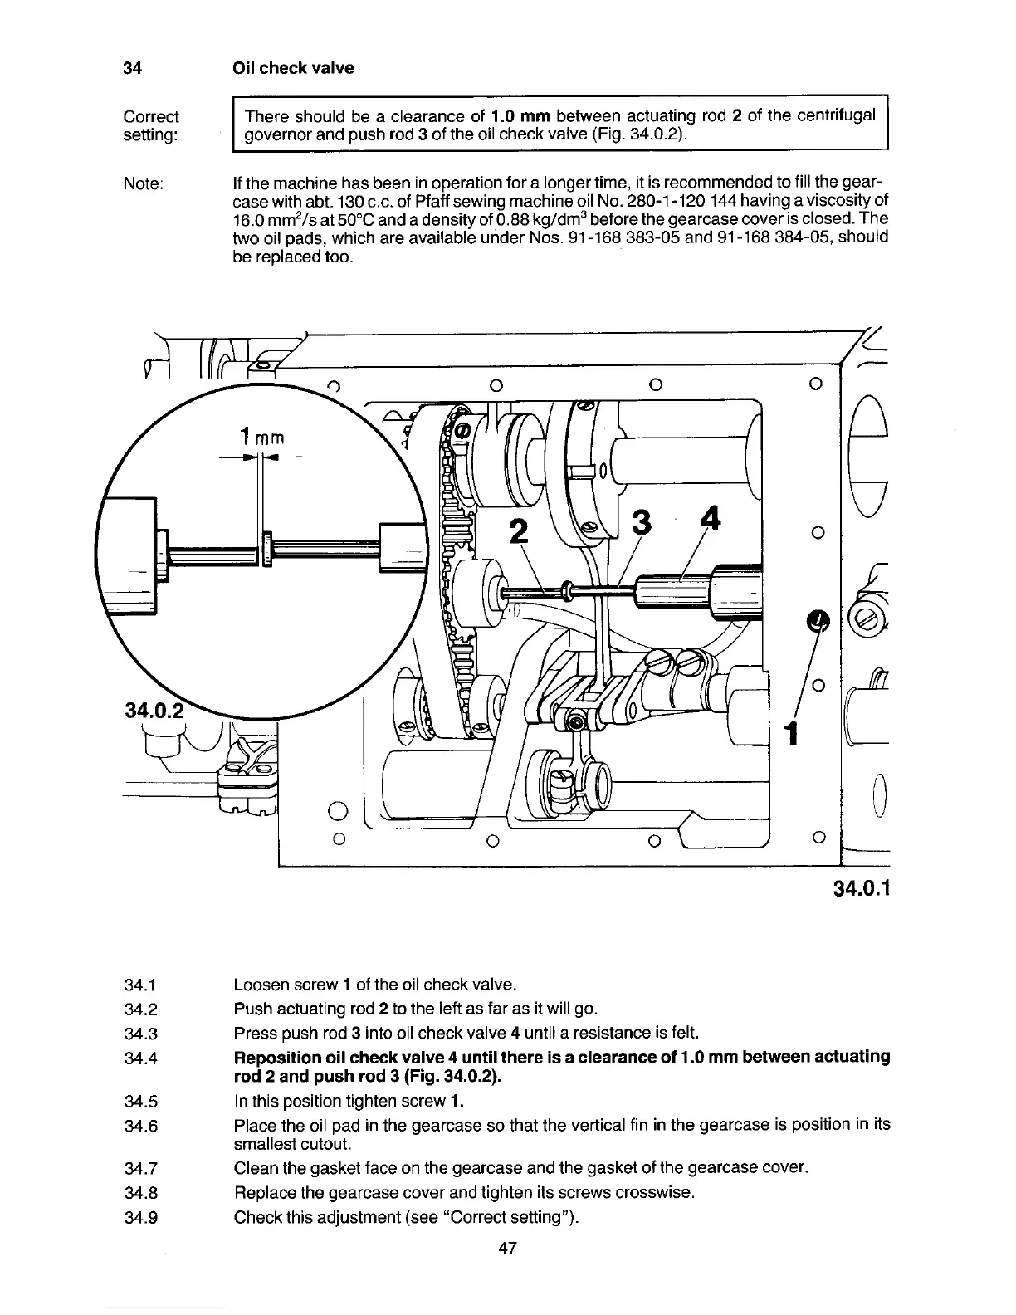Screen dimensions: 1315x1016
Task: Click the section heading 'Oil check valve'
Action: pyautogui.click(x=293, y=68)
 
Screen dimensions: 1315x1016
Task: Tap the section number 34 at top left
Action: pyautogui.click(x=132, y=68)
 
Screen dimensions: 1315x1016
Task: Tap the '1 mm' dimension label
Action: pyautogui.click(x=261, y=436)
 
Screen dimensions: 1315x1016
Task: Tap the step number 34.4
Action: pyautogui.click(x=140, y=1058)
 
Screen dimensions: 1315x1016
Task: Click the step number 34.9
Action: pyautogui.click(x=140, y=1218)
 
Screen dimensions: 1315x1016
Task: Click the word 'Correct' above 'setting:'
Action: pyautogui.click(x=150, y=116)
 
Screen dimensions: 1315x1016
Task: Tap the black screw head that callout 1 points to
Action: pyautogui.click(x=818, y=620)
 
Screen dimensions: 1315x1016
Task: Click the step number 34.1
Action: pyautogui.click(x=140, y=985)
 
